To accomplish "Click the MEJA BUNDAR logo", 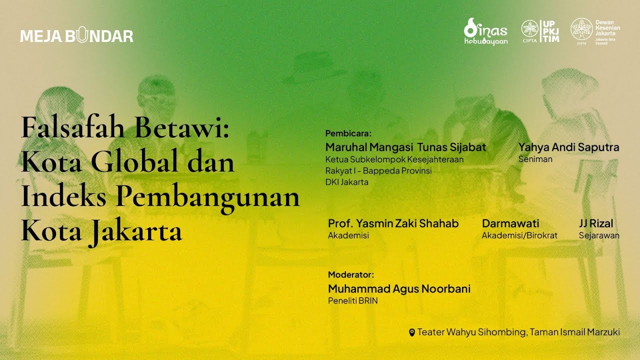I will point(76,36).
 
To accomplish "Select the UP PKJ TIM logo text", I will point(551,31).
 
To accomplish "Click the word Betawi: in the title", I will point(182,128).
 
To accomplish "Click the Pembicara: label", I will point(348,133).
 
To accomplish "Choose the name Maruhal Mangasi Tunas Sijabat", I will point(405,147).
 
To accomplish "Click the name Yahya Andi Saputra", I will point(568,147).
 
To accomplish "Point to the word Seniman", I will point(535,159).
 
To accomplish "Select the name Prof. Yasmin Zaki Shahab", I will point(393,223).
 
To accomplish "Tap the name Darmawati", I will point(510,223).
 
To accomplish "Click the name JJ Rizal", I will point(596,223).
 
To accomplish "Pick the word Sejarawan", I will point(599,235).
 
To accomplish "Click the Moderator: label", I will point(350,274).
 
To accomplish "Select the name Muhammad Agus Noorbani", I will point(399,288).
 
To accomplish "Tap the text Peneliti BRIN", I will point(352,301).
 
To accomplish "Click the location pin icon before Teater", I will point(412,332).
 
